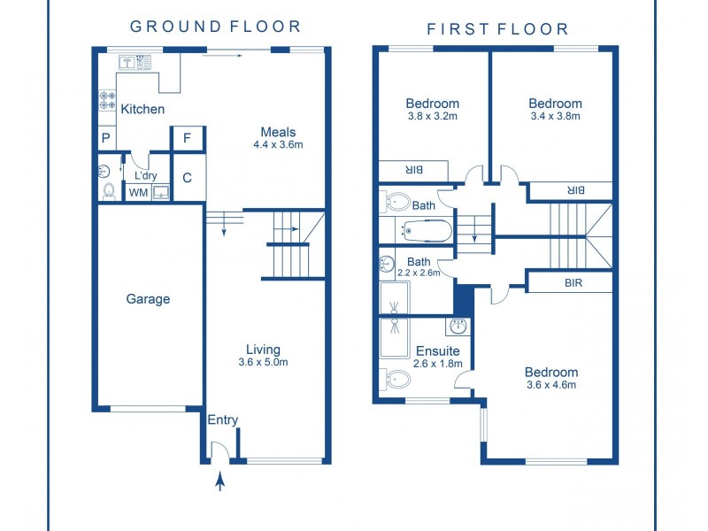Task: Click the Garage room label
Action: pyautogui.click(x=148, y=299)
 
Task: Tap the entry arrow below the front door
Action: pyautogui.click(x=220, y=481)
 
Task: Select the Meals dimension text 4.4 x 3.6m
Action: pyautogui.click(x=278, y=145)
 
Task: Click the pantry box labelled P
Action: pyautogui.click(x=106, y=138)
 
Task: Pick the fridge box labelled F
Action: pyautogui.click(x=188, y=138)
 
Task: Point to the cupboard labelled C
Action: pyautogui.click(x=189, y=178)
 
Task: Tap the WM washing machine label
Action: pyautogui.click(x=138, y=193)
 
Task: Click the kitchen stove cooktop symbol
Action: pyautogui.click(x=107, y=100)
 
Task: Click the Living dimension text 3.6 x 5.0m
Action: pyautogui.click(x=263, y=362)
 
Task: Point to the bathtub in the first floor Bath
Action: pyautogui.click(x=427, y=231)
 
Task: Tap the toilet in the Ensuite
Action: pyautogui.click(x=396, y=380)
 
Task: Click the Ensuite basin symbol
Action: pyautogui.click(x=458, y=326)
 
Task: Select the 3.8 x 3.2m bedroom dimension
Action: pyautogui.click(x=433, y=116)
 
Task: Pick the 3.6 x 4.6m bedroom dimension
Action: pyautogui.click(x=551, y=385)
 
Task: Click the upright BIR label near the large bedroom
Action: pyautogui.click(x=573, y=283)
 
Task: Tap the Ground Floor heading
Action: pyautogui.click(x=215, y=27)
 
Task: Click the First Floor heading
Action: pyautogui.click(x=497, y=29)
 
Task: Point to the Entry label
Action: pyautogui.click(x=223, y=420)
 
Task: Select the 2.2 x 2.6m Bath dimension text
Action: pyautogui.click(x=419, y=273)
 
